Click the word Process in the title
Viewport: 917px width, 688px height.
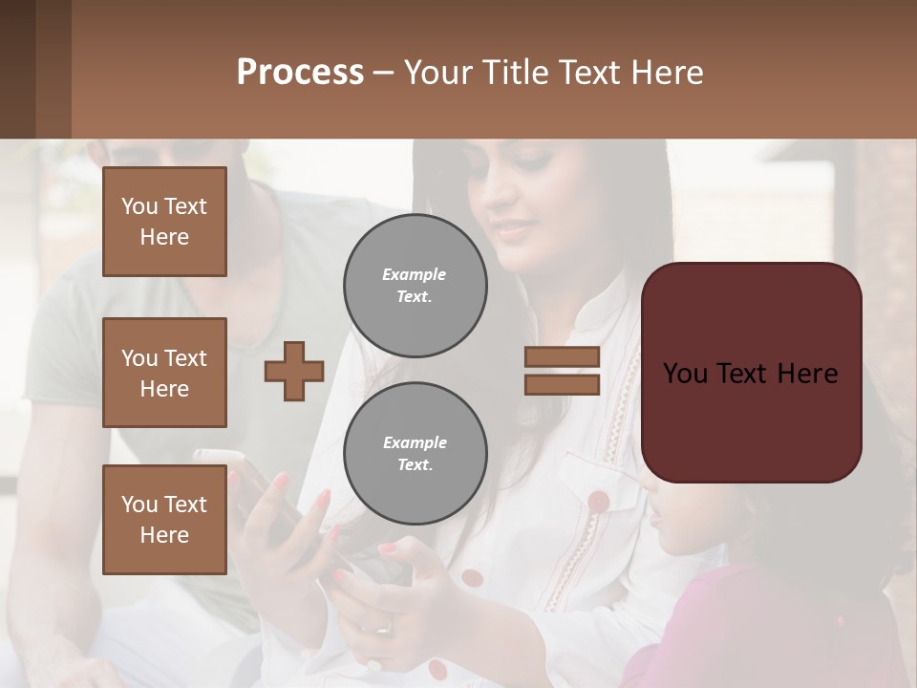(x=300, y=73)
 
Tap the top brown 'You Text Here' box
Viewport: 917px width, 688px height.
(x=164, y=222)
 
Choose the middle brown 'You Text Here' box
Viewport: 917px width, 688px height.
(x=164, y=373)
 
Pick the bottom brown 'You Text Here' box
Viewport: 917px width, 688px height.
(x=164, y=519)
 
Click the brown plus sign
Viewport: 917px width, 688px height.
(x=293, y=370)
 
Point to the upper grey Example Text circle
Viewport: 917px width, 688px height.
(x=415, y=285)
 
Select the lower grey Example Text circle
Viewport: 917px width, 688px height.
(x=415, y=453)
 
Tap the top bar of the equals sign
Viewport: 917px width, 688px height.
(x=562, y=356)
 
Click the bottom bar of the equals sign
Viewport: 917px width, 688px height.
(x=562, y=384)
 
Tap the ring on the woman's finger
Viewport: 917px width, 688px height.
(x=382, y=627)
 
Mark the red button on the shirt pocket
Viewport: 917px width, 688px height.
(x=598, y=501)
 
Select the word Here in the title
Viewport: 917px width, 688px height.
(x=668, y=73)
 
